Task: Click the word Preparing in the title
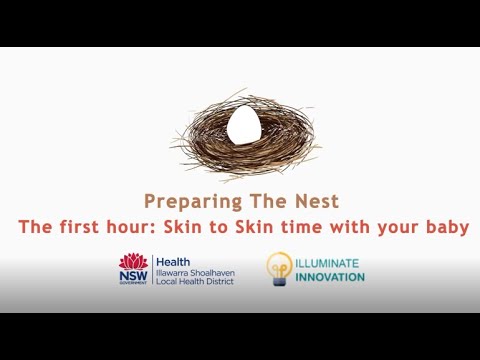pyautogui.click(x=186, y=201)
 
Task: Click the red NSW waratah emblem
pyautogui.click(x=133, y=262)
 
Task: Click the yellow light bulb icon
pyautogui.click(x=279, y=268)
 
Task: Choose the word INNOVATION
pyautogui.click(x=331, y=277)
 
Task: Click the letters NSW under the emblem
pyautogui.click(x=133, y=276)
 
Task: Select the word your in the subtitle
pyautogui.click(x=398, y=228)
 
